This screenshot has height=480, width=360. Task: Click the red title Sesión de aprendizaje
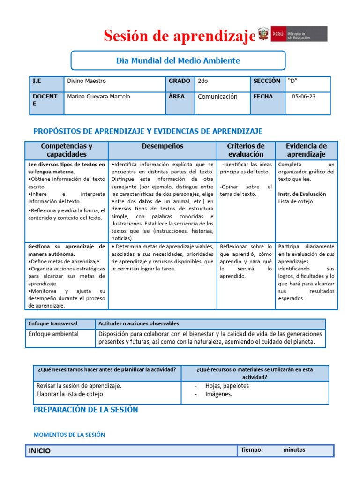point(180,35)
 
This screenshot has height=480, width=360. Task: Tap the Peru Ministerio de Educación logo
point(293,34)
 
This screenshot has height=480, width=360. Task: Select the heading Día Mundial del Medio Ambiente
point(178,60)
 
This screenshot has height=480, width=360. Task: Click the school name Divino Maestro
point(87,81)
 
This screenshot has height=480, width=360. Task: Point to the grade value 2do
point(203,81)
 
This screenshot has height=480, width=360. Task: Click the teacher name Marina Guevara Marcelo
point(99,97)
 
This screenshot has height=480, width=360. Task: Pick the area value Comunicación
point(217,97)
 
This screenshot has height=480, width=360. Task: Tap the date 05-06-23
point(303,97)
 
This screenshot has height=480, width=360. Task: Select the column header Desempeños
point(162,146)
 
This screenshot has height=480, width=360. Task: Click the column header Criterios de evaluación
point(246,150)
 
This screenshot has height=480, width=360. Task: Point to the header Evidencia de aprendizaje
point(306,150)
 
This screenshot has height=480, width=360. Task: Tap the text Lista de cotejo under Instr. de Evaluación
point(296,202)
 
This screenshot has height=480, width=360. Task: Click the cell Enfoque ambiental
point(53,334)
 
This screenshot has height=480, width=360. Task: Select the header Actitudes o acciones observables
point(138,323)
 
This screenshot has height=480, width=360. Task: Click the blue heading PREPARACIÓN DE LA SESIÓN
point(86,409)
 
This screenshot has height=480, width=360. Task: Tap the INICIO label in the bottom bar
point(40,451)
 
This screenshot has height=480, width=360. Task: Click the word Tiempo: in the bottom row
point(252,450)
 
